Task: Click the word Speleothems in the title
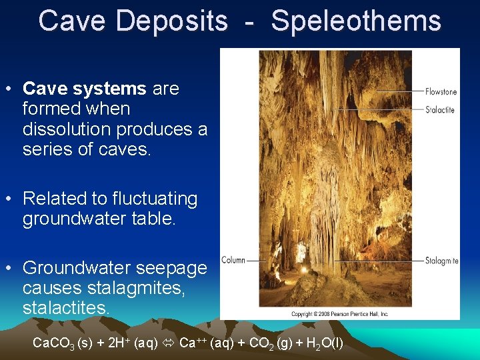click(356, 21)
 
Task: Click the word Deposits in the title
click(172, 21)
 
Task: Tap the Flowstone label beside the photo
click(441, 92)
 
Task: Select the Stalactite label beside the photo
click(440, 109)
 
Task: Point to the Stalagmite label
click(442, 261)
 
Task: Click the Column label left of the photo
click(233, 261)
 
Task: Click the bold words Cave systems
click(85, 89)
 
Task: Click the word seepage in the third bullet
click(174, 268)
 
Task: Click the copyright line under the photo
click(340, 313)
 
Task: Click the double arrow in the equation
click(170, 344)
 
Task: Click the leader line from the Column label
click(257, 261)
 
